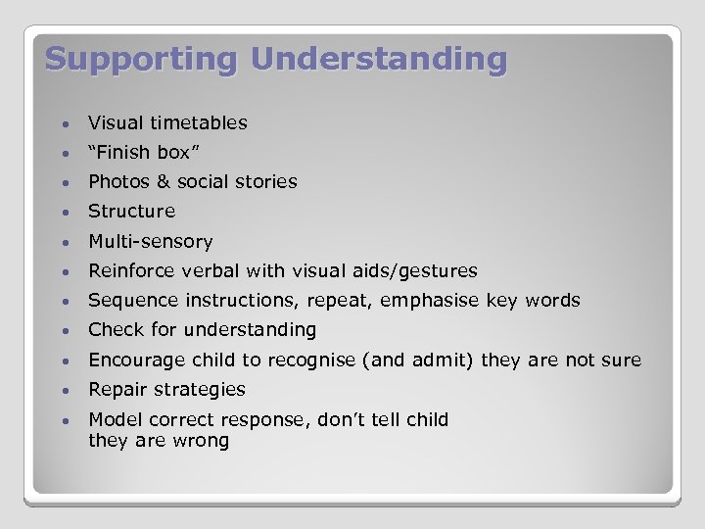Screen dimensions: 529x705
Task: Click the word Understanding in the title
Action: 379,59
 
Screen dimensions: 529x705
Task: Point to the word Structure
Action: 131,211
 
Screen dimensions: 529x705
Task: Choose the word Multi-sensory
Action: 150,241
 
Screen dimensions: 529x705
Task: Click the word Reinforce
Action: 130,270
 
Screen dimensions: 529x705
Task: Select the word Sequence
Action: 129,301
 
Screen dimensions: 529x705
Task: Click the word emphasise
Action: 430,301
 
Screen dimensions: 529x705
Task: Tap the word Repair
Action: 115,389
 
